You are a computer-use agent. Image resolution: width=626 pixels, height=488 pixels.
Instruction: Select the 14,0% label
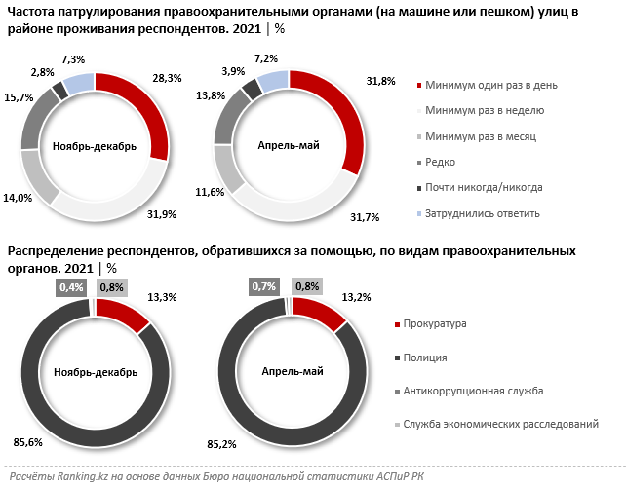[20, 197]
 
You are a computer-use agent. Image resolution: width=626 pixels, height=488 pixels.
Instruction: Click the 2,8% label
[43, 72]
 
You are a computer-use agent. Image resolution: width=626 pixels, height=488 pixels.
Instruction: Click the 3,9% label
[232, 71]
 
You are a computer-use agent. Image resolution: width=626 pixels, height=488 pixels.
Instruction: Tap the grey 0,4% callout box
[71, 287]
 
